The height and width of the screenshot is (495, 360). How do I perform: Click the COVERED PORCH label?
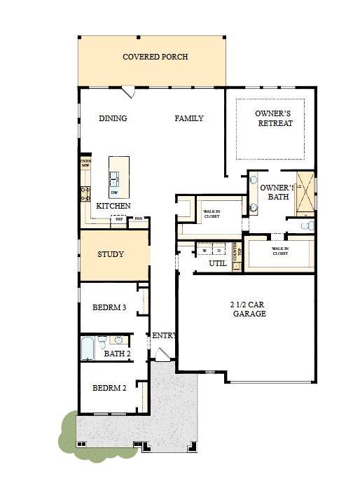click(x=155, y=57)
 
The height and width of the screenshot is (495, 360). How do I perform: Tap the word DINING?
click(x=113, y=118)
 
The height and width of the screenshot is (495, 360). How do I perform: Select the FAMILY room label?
click(x=189, y=118)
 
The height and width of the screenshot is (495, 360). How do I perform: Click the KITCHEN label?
click(x=113, y=206)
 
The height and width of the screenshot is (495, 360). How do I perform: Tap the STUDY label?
click(x=111, y=254)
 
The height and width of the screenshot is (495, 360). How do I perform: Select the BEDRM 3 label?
click(x=109, y=307)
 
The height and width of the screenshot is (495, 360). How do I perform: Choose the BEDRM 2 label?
click(x=109, y=388)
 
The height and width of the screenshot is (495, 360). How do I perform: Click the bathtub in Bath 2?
click(x=88, y=347)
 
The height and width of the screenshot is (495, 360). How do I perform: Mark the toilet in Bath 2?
click(x=102, y=342)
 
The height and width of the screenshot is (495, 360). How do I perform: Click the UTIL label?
click(x=217, y=263)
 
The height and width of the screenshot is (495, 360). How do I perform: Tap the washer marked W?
click(x=205, y=251)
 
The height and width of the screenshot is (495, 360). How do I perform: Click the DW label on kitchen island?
click(x=114, y=192)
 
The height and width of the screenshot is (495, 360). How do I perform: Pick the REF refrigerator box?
click(x=119, y=219)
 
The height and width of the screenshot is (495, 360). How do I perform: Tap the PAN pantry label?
click(x=139, y=218)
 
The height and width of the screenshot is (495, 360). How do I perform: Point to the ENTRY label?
click(x=164, y=336)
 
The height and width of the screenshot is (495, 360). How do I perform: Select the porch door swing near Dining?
click(x=129, y=92)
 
